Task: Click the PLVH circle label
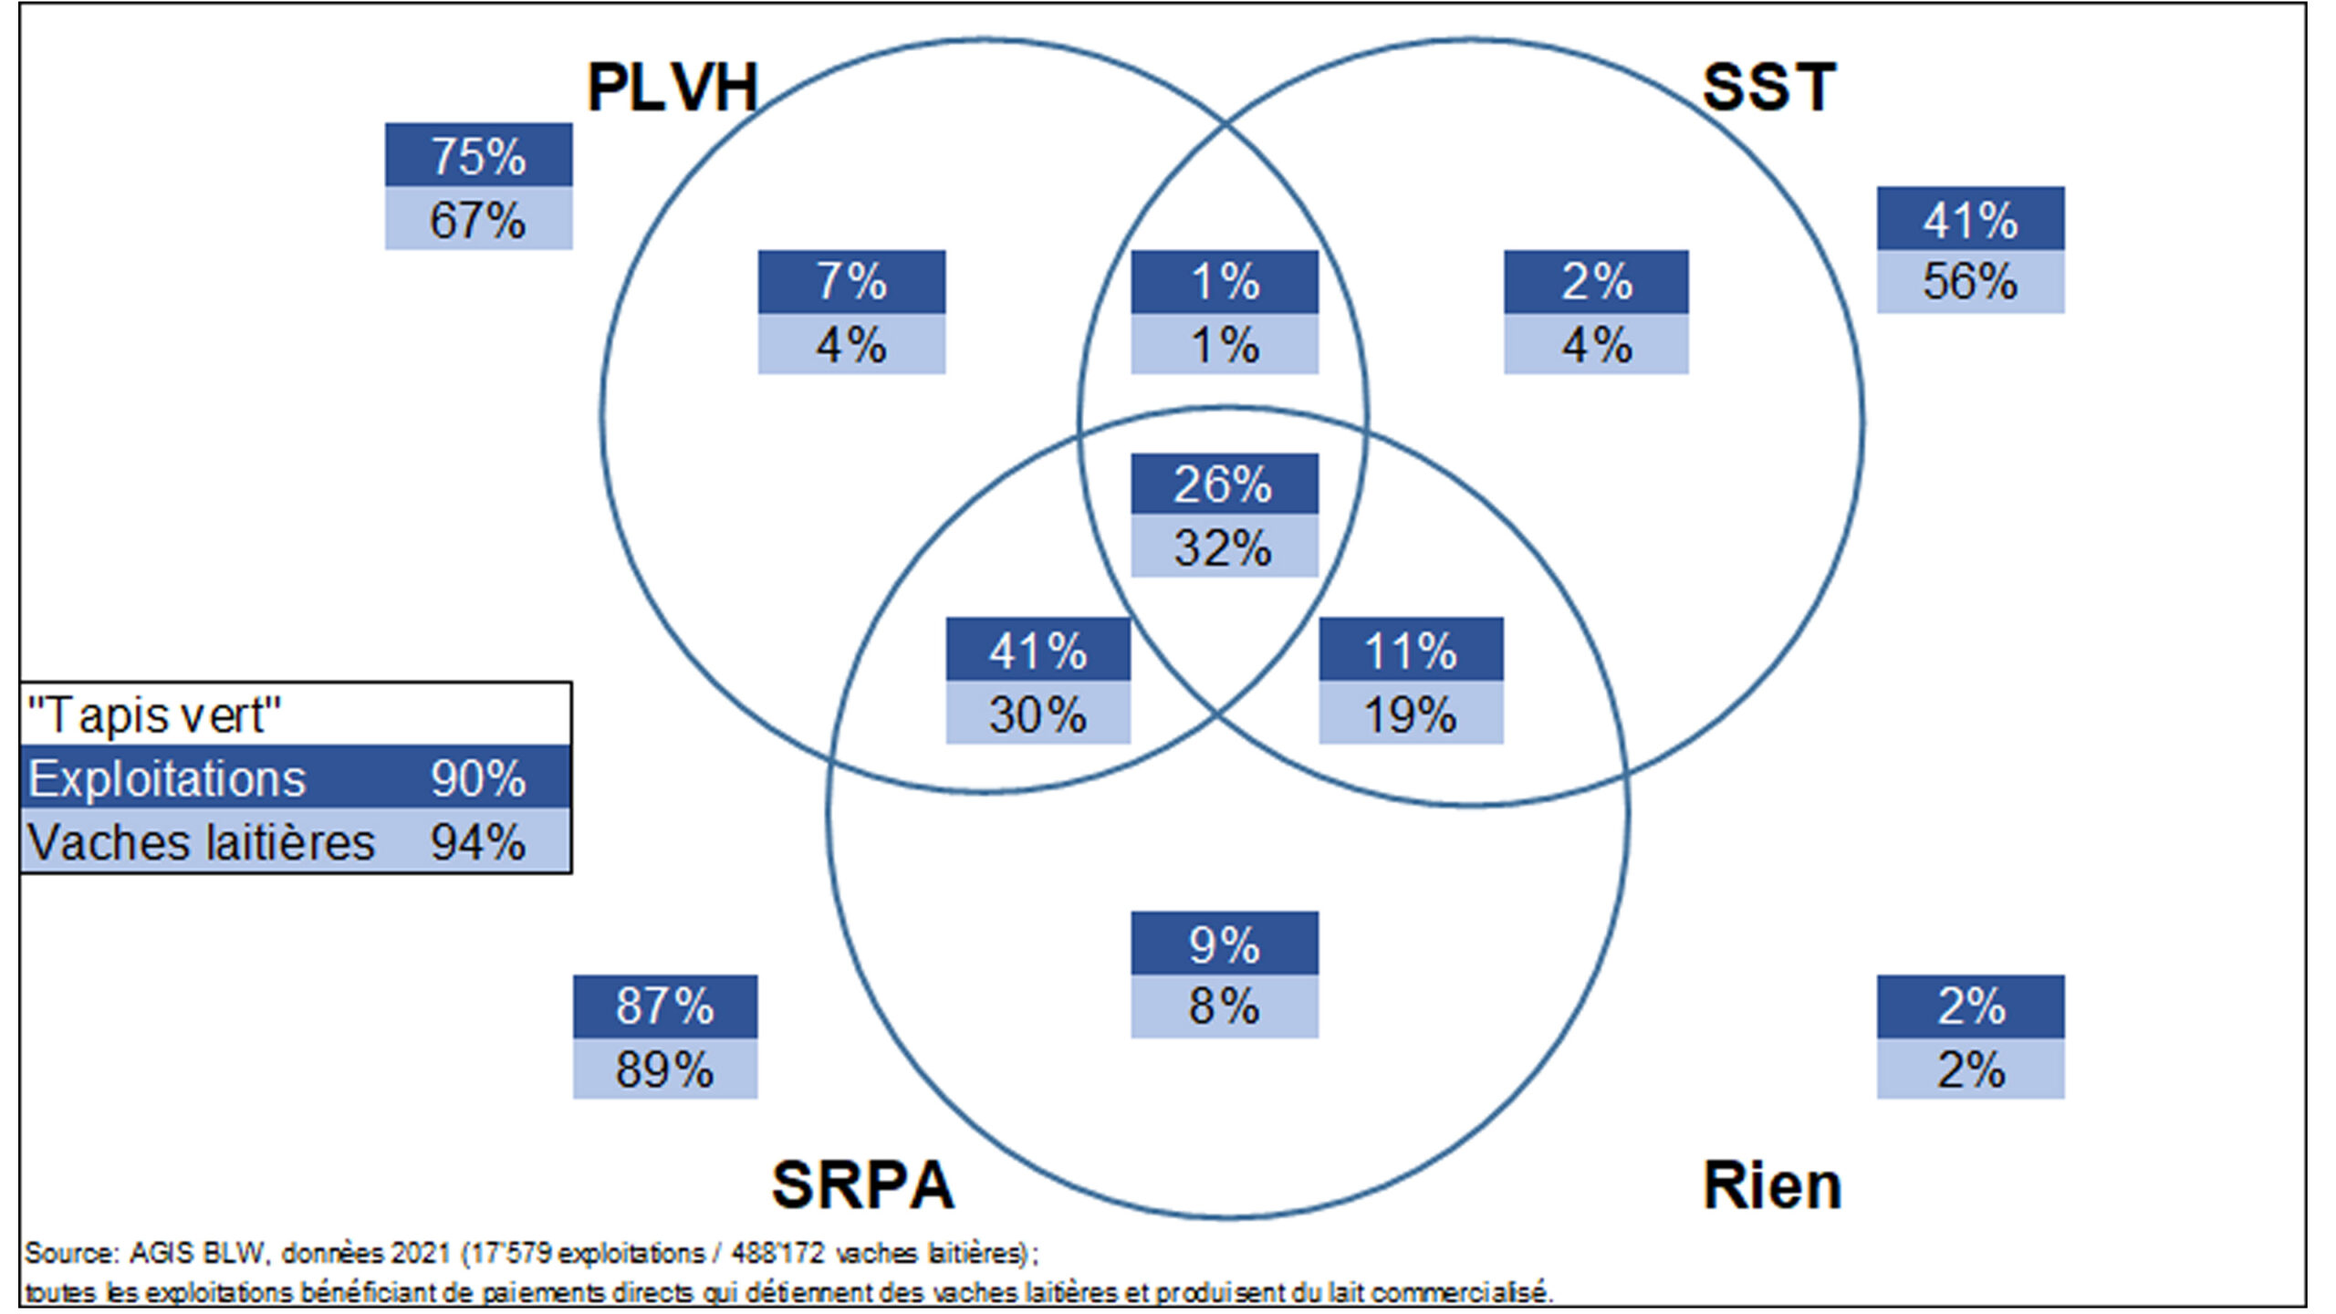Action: coord(673,89)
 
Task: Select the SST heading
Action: coord(1768,88)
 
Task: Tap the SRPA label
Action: coord(862,1185)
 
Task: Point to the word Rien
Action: coord(1772,1186)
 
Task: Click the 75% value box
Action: coord(478,155)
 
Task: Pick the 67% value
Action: coord(478,220)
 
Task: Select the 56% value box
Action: coord(1970,282)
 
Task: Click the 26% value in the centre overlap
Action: coord(1224,485)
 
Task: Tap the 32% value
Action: coord(1224,547)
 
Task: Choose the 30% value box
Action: coord(1038,714)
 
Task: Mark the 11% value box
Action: coord(1411,650)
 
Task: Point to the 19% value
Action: coord(1411,714)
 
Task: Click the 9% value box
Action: coord(1224,944)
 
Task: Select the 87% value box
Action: coord(664,1006)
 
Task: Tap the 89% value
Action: coord(664,1069)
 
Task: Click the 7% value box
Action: coord(851,281)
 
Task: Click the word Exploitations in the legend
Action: coord(167,779)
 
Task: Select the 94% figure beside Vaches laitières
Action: coord(478,842)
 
